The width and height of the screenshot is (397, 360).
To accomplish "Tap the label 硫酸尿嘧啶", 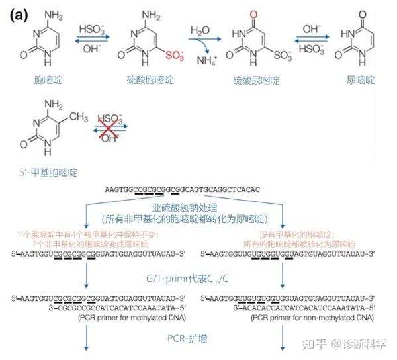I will point(256,81).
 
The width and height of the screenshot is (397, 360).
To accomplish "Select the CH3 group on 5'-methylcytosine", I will point(79,116).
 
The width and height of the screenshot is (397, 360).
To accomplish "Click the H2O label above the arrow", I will point(200,30).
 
